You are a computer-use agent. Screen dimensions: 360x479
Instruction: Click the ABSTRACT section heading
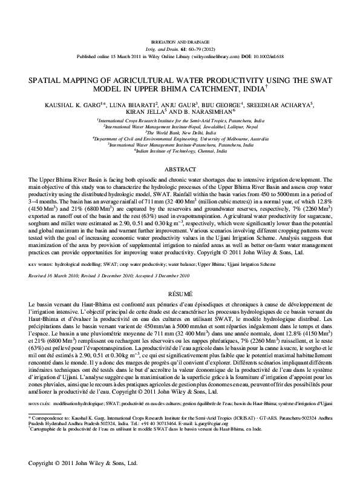(x=180, y=170)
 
